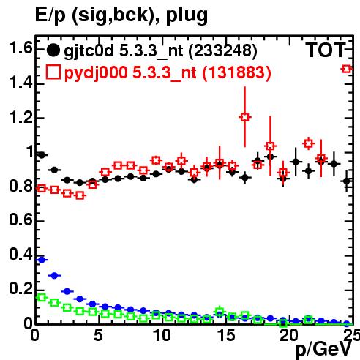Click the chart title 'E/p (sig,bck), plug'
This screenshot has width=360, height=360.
tap(121, 15)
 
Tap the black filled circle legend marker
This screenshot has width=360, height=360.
tap(53, 50)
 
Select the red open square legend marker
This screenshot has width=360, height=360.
tap(53, 72)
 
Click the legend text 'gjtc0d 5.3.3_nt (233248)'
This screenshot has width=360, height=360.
tap(160, 51)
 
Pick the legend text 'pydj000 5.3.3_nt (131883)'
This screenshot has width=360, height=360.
tap(168, 72)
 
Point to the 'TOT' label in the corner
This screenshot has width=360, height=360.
tap(326, 50)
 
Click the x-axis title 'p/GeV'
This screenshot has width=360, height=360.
tap(323, 349)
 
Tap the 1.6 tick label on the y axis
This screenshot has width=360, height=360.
tap(20, 48)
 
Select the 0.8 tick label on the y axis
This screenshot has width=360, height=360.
tap(20, 186)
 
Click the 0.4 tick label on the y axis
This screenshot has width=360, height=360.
tap(20, 255)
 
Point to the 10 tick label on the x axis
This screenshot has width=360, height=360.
tap(162, 335)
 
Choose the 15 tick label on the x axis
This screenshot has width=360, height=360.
tap(226, 335)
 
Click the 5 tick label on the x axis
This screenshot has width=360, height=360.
tap(98, 335)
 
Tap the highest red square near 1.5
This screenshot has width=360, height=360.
tap(347, 69)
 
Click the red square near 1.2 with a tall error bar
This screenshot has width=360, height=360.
tap(245, 117)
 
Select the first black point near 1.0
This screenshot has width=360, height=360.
tap(42, 155)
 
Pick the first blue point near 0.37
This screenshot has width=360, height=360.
tap(42, 260)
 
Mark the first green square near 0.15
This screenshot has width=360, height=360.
tap(42, 298)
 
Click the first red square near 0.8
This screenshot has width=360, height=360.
tap(42, 189)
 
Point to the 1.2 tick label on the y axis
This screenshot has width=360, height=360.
tap(20, 117)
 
